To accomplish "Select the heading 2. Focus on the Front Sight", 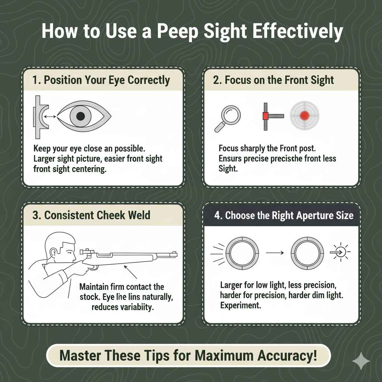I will point(273,80).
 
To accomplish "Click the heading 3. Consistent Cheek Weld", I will point(91,215).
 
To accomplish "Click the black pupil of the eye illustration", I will point(80,117).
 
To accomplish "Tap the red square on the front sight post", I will point(265,116).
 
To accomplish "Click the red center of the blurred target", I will point(305,116).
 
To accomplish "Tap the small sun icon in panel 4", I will point(341,253).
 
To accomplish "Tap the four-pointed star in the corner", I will point(361,361).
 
